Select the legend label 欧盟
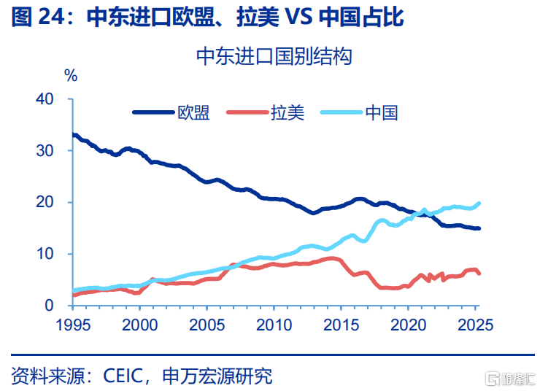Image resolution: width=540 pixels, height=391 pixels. (194, 112)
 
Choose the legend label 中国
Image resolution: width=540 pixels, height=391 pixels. (382, 112)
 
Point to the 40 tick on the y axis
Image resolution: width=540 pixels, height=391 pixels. (45, 99)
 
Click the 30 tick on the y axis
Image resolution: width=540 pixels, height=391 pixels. (45, 150)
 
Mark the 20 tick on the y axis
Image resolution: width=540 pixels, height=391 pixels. (45, 202)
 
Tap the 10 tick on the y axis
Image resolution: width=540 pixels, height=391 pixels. (45, 254)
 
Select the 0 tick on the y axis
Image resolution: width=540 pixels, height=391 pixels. (50, 306)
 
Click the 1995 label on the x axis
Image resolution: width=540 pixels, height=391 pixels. (73, 324)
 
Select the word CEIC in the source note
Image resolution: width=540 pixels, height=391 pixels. (128, 376)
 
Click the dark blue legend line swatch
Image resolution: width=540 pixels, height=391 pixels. (153, 112)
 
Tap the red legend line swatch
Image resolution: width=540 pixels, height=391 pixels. (247, 112)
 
